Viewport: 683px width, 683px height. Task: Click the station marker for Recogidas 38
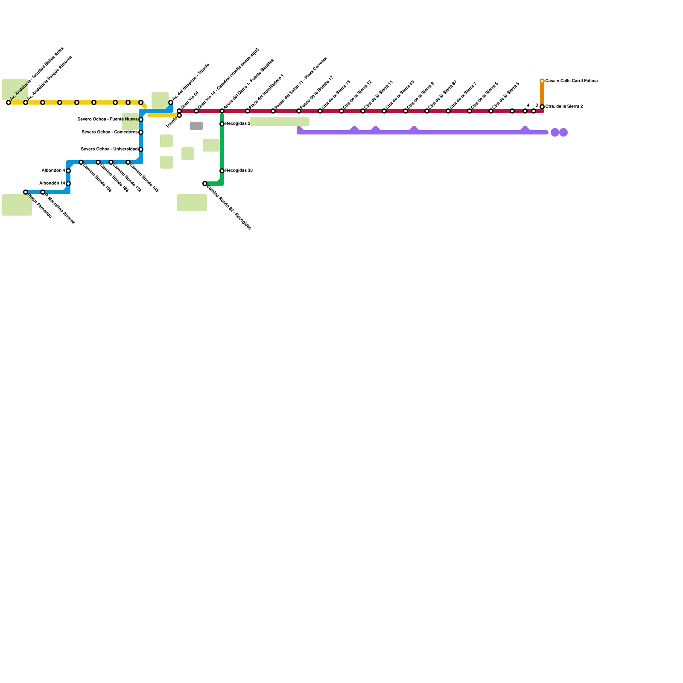(x=222, y=171)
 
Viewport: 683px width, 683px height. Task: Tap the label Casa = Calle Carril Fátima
(x=571, y=81)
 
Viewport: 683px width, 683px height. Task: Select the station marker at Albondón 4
(x=68, y=171)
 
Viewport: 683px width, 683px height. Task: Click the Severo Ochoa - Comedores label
(x=110, y=132)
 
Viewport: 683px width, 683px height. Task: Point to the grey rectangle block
(x=196, y=126)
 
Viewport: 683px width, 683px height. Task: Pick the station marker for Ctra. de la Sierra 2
(x=542, y=107)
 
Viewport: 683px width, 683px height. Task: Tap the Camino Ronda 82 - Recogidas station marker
(x=205, y=184)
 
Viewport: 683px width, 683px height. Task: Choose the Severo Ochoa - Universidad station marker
(x=141, y=149)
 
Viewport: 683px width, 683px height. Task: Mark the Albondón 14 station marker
(x=68, y=184)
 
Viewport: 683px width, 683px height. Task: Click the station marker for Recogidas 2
(x=222, y=124)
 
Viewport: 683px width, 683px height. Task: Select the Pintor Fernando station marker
(x=26, y=192)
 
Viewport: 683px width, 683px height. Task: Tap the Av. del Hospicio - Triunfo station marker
(x=171, y=102)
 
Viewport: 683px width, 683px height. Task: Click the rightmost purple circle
(x=563, y=132)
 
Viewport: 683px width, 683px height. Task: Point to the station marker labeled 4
(x=525, y=111)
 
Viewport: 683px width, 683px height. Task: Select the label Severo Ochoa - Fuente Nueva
(x=108, y=119)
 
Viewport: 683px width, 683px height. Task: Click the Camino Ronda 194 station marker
(x=81, y=162)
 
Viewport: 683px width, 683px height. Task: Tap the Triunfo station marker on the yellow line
(x=179, y=115)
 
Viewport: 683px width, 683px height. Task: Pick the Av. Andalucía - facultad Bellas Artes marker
(x=9, y=102)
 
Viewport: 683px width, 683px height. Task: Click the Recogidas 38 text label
(x=239, y=170)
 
